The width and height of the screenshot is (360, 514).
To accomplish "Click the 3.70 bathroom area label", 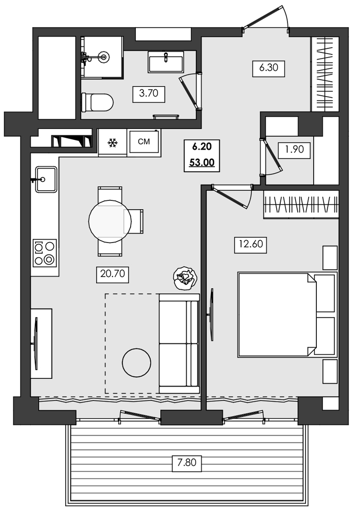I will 148,94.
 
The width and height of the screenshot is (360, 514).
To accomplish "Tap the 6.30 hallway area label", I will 268,68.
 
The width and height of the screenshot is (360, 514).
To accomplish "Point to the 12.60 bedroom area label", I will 250,245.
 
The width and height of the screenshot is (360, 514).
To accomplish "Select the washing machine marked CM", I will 144,142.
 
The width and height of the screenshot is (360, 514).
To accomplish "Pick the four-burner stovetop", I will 44,253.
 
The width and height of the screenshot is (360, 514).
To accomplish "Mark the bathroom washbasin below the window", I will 166,63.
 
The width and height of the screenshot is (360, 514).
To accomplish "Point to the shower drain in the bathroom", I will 104,57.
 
